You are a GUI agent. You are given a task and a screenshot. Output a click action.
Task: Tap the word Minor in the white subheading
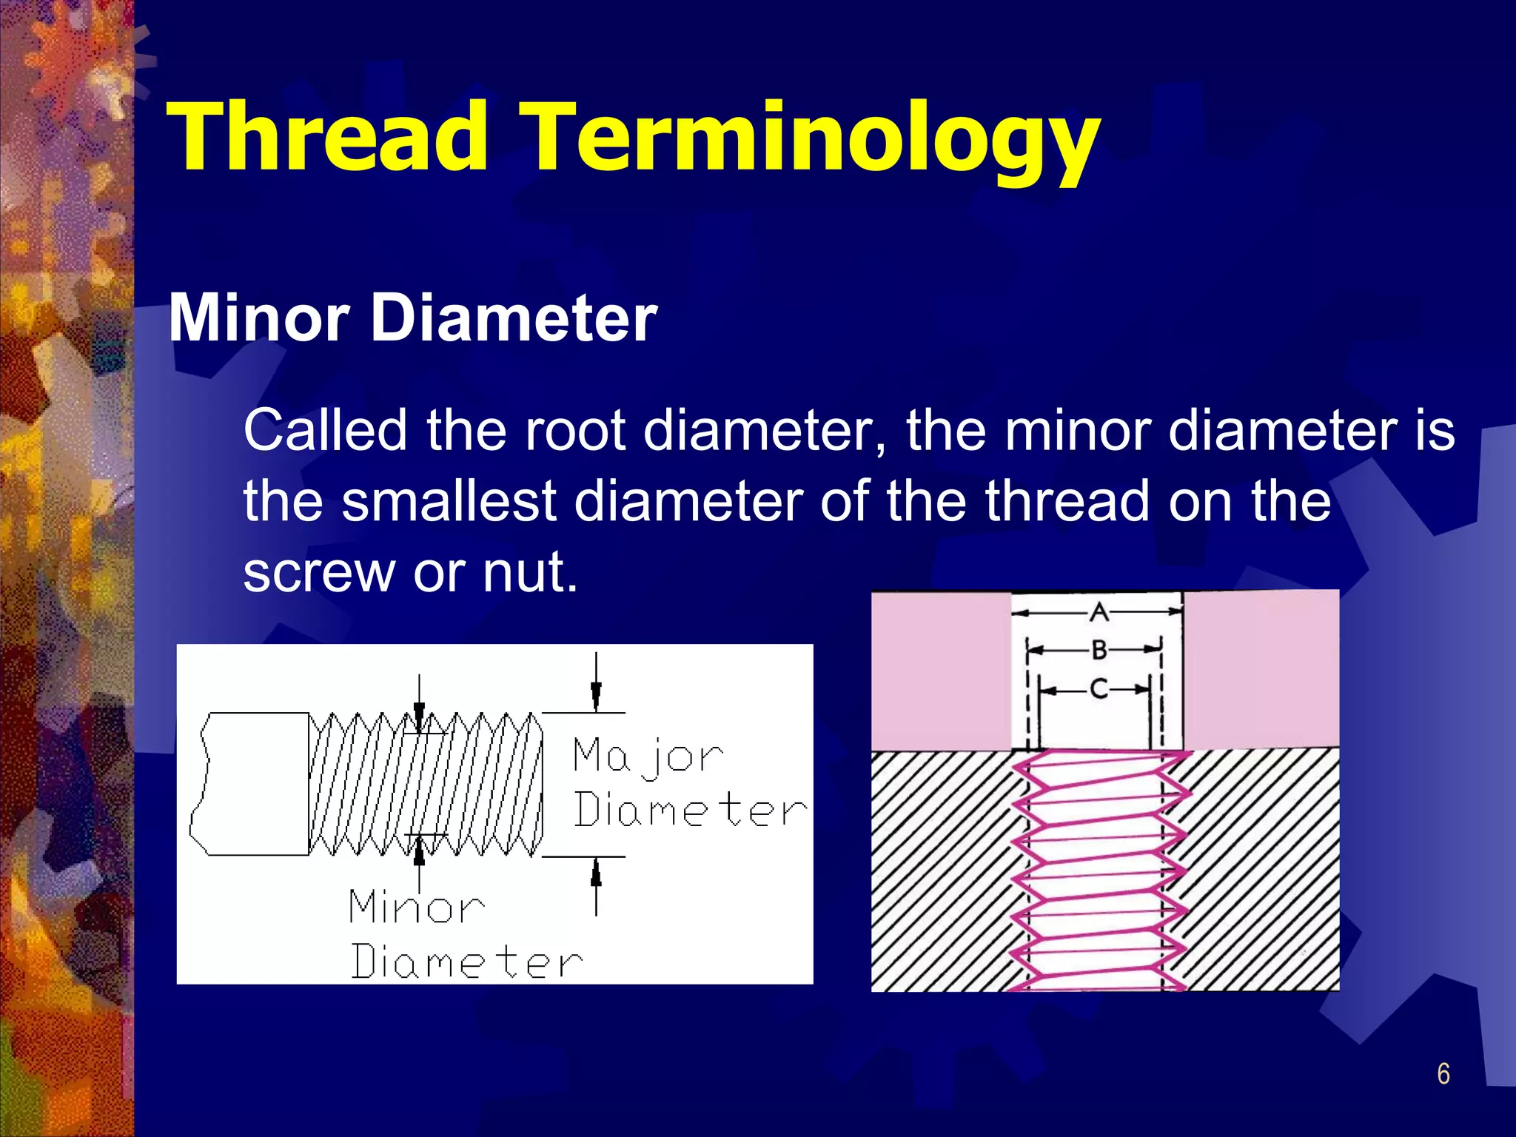tap(258, 318)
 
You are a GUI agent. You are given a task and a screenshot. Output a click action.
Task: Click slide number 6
tap(1443, 1074)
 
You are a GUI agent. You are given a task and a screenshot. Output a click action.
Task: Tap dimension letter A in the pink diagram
tap(1099, 612)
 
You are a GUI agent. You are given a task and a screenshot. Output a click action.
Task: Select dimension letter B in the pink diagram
tap(1099, 651)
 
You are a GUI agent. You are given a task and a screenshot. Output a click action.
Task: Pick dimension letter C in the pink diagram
tap(1099, 689)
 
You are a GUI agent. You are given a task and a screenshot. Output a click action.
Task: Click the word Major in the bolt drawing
tap(647, 757)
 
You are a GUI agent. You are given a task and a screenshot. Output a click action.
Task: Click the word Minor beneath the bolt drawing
tap(416, 908)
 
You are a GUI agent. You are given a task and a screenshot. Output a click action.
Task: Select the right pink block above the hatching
tap(1261, 670)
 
